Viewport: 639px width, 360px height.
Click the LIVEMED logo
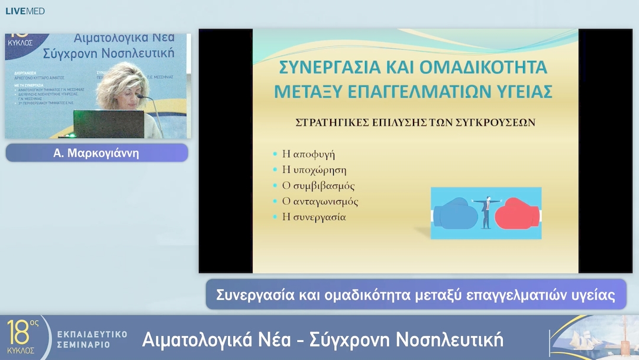25,11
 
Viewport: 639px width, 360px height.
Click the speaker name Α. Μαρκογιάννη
96,153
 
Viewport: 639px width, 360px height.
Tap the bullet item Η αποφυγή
308,154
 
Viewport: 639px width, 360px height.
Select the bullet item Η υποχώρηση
314,170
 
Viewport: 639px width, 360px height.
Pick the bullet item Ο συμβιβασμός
318,185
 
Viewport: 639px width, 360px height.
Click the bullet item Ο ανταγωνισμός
320,201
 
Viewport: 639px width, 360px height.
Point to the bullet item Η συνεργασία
314,217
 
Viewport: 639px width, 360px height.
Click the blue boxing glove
456,214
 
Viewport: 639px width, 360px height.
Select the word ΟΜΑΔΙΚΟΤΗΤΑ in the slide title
483,67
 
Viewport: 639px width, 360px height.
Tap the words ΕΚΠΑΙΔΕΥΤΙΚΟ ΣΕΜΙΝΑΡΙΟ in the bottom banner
92,339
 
